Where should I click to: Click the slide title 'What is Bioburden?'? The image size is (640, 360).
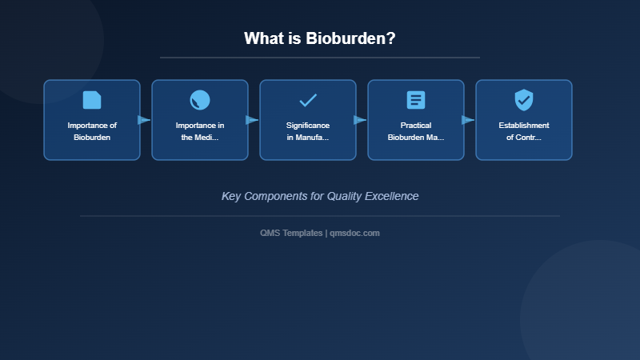[x=319, y=38]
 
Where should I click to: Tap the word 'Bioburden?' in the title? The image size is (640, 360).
[x=350, y=38]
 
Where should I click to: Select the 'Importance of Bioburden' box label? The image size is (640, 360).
[x=92, y=131]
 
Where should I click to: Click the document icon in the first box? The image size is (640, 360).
[x=92, y=100]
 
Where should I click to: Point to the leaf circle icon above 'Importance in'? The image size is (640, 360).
[x=200, y=100]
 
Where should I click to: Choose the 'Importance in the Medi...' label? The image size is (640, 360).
[x=200, y=131]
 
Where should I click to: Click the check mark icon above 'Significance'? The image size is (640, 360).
[x=308, y=100]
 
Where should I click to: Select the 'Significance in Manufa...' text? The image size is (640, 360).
[x=308, y=131]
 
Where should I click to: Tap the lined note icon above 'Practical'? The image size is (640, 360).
[x=416, y=100]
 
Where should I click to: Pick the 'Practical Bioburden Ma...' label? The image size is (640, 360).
[x=416, y=131]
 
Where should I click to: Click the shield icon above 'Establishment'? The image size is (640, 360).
[x=524, y=100]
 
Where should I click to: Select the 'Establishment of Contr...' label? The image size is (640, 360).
[x=524, y=131]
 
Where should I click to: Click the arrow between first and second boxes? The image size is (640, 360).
[x=144, y=120]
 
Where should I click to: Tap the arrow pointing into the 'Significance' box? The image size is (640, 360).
[x=252, y=120]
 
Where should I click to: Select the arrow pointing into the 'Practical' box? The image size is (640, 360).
[x=360, y=120]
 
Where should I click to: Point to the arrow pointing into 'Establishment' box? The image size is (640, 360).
[x=468, y=120]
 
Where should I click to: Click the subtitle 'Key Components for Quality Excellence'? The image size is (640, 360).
[x=320, y=196]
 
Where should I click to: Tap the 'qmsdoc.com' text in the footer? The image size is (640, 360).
[x=354, y=233]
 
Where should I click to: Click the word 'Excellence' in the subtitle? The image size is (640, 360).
[x=391, y=196]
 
